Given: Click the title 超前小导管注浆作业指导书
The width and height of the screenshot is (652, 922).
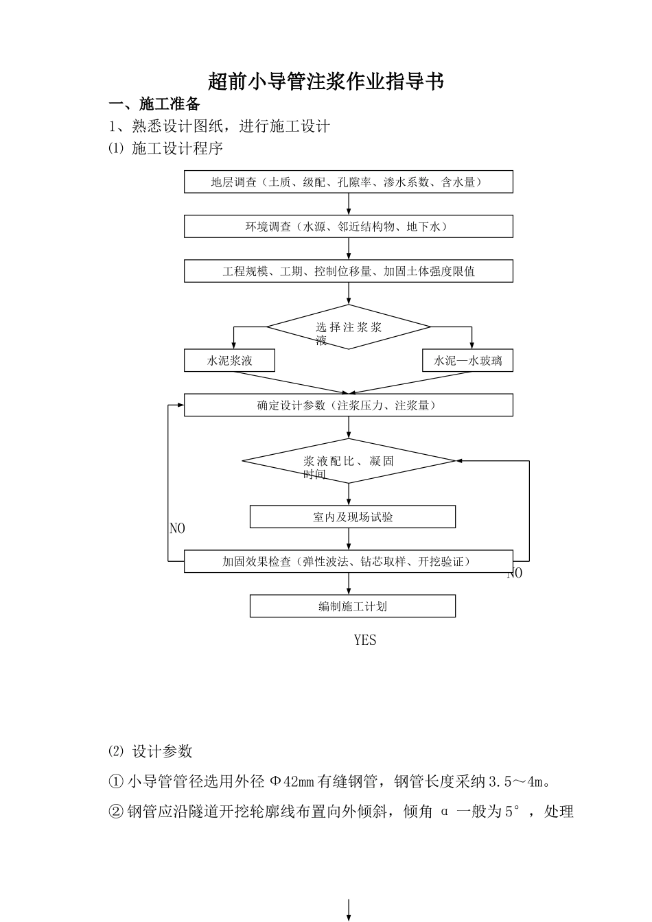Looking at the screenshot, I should (x=326, y=82).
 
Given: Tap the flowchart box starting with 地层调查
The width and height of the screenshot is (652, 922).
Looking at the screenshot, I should (x=348, y=182).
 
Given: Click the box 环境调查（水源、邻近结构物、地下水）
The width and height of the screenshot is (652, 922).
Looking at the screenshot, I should (x=348, y=226).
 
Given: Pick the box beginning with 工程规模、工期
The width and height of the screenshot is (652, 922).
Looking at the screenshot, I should (x=348, y=271).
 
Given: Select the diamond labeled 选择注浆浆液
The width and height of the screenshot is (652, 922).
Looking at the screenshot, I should (x=348, y=327).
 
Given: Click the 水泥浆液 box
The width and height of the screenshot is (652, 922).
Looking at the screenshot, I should (x=229, y=361).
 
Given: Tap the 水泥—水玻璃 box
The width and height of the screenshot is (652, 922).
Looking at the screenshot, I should (x=467, y=361).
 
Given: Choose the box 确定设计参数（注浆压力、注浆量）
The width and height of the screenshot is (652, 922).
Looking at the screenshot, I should (x=348, y=405).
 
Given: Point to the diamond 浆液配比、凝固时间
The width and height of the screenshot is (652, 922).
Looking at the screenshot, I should (x=348, y=461).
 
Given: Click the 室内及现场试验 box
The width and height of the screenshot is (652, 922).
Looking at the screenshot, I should (x=352, y=517).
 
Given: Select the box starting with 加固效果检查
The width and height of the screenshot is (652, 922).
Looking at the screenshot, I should (x=348, y=561).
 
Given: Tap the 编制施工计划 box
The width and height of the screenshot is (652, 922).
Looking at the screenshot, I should (x=352, y=606).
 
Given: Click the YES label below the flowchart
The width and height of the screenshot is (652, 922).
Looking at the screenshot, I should (x=365, y=640).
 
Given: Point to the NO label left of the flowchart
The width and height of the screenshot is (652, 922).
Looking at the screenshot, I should (x=177, y=529).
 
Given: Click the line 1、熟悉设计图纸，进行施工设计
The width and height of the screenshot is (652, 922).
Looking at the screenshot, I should (x=220, y=126).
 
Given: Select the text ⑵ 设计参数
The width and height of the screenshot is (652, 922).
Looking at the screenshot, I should (x=150, y=751).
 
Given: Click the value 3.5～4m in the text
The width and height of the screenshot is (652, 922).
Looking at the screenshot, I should (x=519, y=781).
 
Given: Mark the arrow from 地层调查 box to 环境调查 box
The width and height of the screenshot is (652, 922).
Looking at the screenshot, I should (x=349, y=204).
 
